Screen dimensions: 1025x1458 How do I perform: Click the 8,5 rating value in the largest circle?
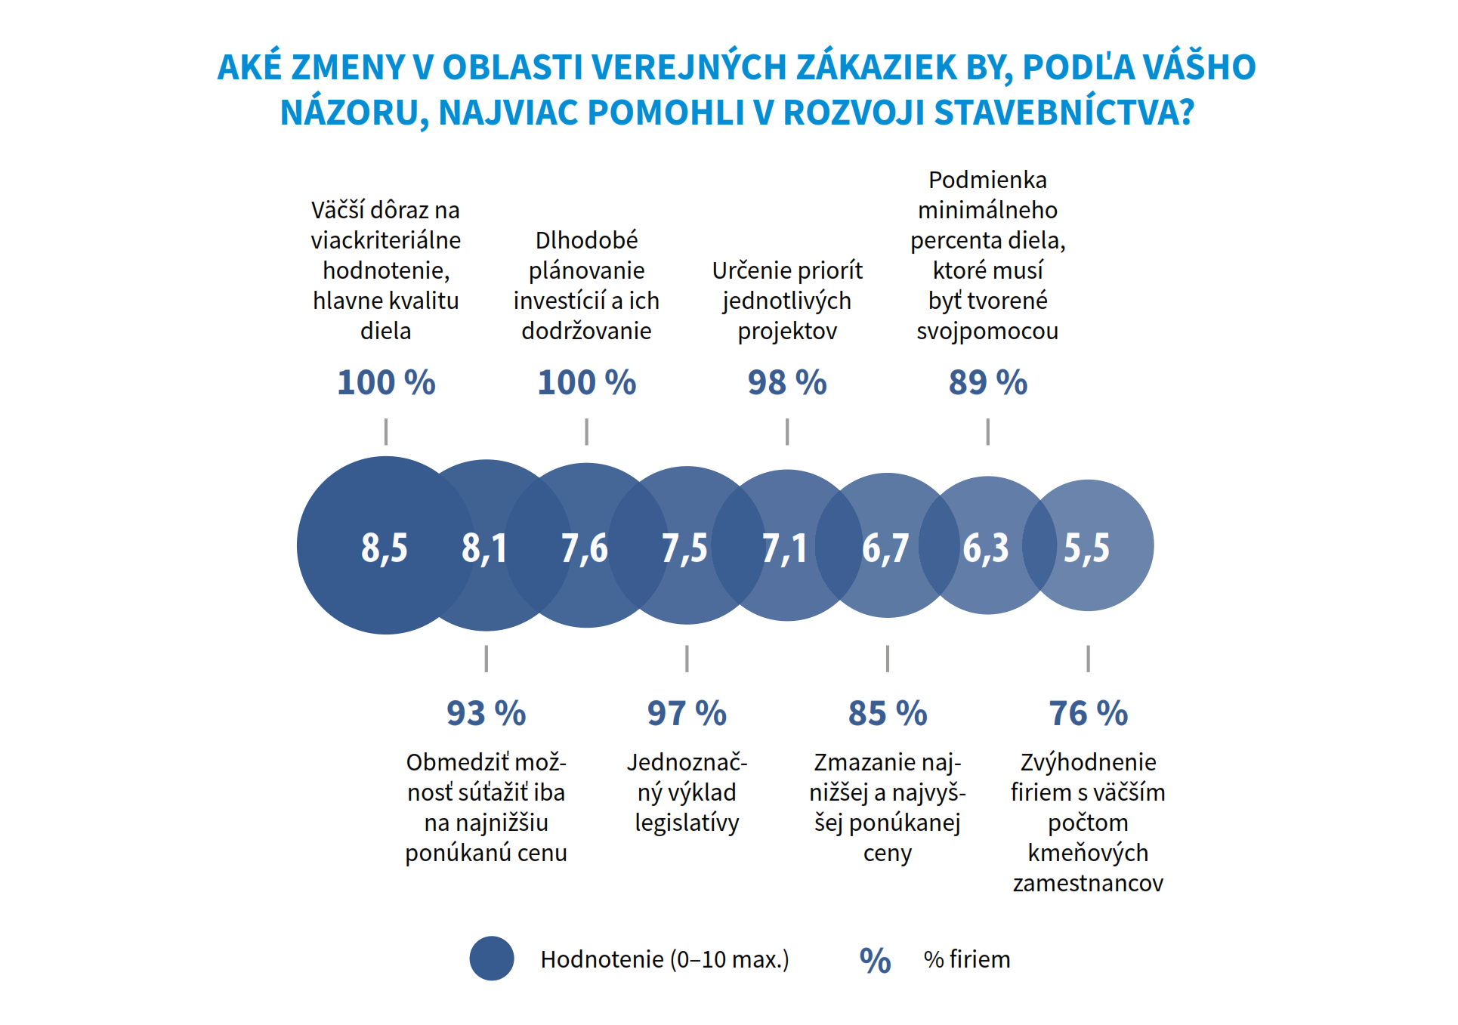tap(385, 548)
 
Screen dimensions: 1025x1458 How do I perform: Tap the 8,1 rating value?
tap(484, 548)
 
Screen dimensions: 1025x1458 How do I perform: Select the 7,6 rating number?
tap(585, 548)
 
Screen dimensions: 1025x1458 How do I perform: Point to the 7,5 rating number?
tap(685, 548)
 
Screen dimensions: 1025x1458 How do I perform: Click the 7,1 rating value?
tap(785, 548)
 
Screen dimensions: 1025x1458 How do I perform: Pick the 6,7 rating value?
tap(885, 548)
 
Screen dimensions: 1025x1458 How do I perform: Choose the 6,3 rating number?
tap(986, 548)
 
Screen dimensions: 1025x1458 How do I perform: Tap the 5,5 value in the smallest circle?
tap(1087, 548)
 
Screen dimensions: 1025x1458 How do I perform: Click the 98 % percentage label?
tap(787, 382)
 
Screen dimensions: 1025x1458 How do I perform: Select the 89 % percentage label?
tap(988, 382)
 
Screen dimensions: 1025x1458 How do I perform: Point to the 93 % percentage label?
tap(486, 713)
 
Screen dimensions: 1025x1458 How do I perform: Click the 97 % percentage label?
tap(687, 713)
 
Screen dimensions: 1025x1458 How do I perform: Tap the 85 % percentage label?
tap(888, 713)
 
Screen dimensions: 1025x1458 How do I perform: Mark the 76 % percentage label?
tap(1089, 713)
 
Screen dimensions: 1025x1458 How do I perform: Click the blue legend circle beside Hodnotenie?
tap(492, 959)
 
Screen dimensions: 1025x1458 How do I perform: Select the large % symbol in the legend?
tap(876, 960)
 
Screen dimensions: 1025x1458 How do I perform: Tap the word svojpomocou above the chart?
tap(987, 331)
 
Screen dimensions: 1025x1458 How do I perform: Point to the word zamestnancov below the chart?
tap(1088, 883)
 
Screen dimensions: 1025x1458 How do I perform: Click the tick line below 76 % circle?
tap(1089, 659)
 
